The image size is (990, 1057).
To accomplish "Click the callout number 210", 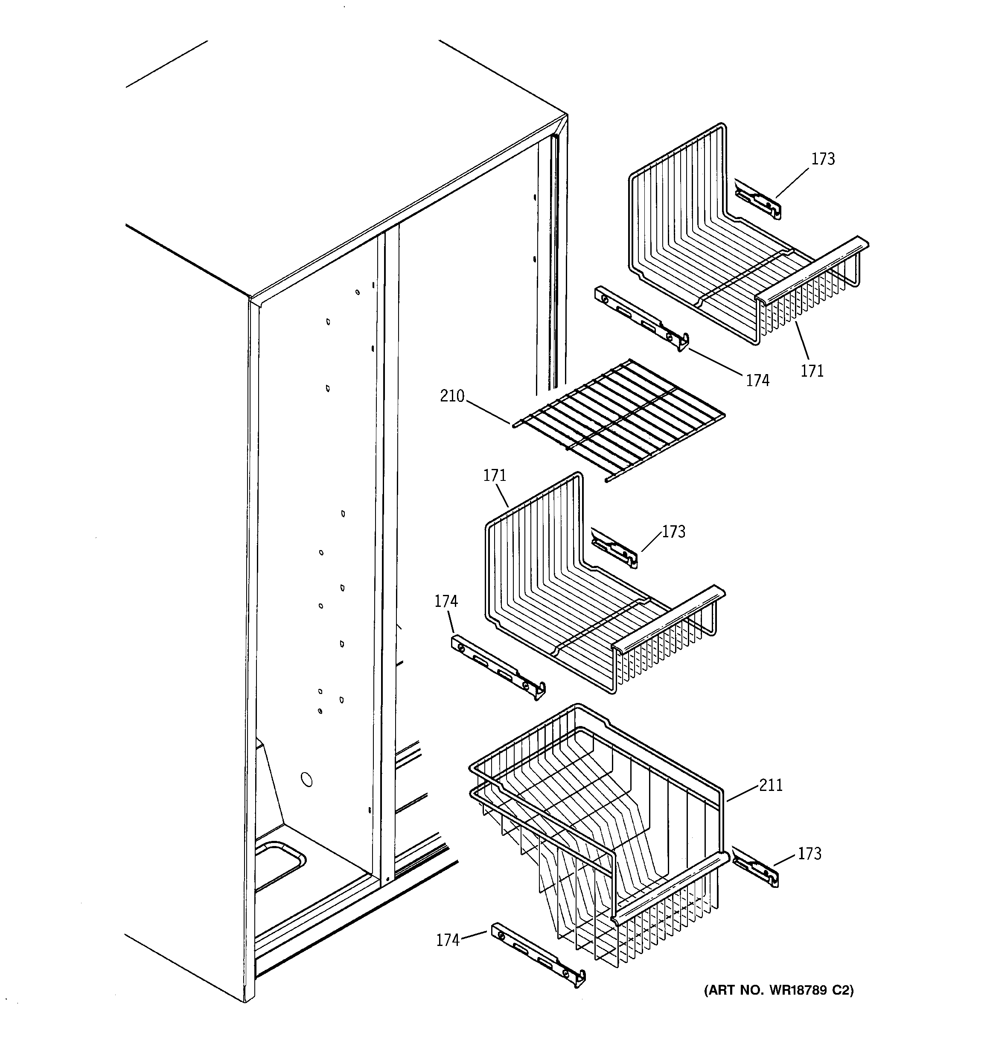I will [x=452, y=396].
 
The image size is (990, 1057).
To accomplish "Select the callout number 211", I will [x=771, y=785].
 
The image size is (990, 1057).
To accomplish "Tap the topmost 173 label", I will [x=823, y=159].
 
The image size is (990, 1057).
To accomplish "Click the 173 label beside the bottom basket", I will [x=809, y=853].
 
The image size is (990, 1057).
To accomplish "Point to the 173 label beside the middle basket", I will [x=674, y=532].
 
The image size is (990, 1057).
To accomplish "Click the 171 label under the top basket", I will [x=812, y=371].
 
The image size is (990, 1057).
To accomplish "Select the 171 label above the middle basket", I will [x=494, y=475].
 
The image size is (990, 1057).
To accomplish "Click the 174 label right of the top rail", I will [x=757, y=380].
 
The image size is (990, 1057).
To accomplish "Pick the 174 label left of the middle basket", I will [x=446, y=601].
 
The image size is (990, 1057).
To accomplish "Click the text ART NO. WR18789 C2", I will [x=778, y=990].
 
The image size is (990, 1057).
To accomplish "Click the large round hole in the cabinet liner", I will [x=307, y=780].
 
